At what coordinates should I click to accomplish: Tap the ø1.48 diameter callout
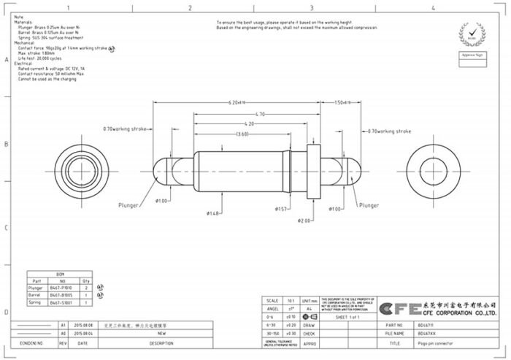pyautogui.click(x=213, y=213)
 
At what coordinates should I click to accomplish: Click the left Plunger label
pyautogui.click(x=128, y=206)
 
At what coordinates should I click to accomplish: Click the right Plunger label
pyautogui.click(x=369, y=206)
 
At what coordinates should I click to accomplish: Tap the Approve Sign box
pyautogui.click(x=472, y=55)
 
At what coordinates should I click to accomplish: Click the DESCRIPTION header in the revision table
pyautogui.click(x=161, y=342)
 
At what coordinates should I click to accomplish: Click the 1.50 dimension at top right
pyautogui.click(x=342, y=102)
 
